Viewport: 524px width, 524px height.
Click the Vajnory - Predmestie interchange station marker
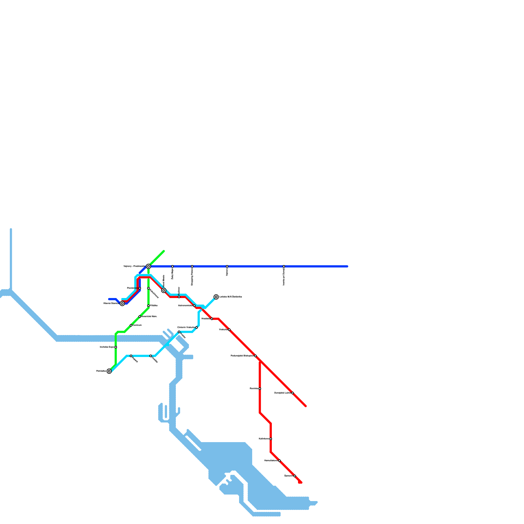[148, 266]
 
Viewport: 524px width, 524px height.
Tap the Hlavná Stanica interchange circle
[122, 304]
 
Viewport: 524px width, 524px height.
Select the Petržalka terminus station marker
[109, 371]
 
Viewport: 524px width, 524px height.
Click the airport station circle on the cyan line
[216, 297]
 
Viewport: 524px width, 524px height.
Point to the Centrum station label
[137, 325]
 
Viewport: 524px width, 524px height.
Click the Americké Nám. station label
[149, 316]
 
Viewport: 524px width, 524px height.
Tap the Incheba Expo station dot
[116, 347]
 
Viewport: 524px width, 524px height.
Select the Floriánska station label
[133, 288]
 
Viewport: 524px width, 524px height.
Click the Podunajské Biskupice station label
[242, 356]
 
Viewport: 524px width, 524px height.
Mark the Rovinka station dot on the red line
[260, 389]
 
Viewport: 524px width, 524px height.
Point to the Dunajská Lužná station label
[282, 393]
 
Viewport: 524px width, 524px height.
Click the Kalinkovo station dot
[271, 439]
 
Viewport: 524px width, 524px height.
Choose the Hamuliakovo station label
[271, 460]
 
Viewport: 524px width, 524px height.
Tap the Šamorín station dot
[295, 476]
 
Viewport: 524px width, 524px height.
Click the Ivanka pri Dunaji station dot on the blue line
[284, 266]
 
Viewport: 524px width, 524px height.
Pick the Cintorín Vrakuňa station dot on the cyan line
[196, 327]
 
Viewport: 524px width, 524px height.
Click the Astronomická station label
[185, 306]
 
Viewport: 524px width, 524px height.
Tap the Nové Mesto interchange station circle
[164, 290]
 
